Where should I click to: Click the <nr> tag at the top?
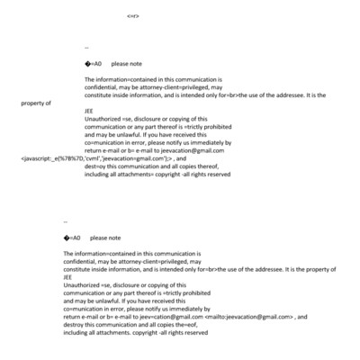[132, 16]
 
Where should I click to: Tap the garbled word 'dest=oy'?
[97, 167]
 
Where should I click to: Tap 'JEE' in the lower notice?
[67, 277]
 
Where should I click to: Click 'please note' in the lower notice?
[105, 238]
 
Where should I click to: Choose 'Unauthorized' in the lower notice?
[80, 284]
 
